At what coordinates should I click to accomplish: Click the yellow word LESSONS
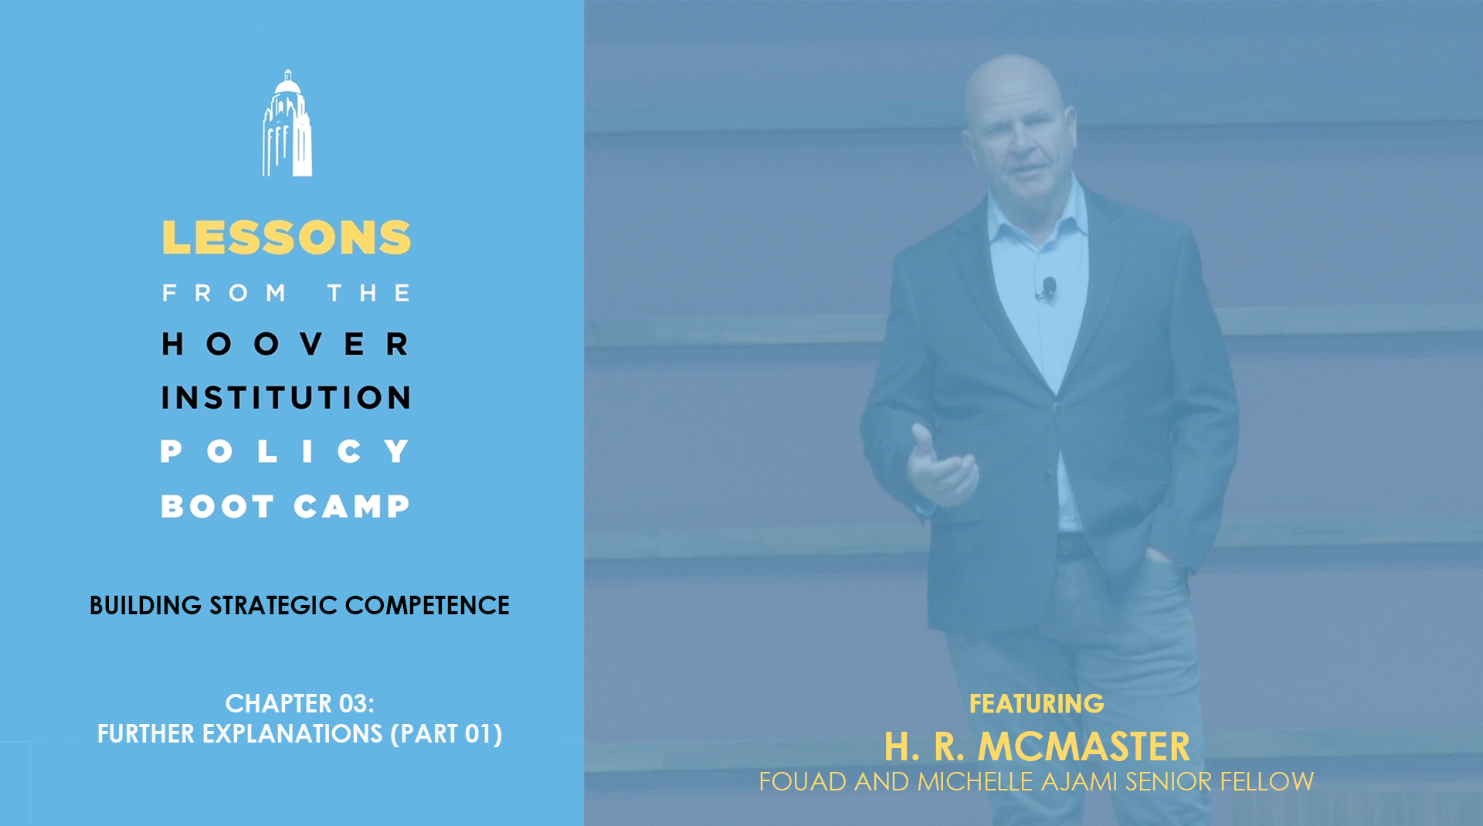pyautogui.click(x=287, y=237)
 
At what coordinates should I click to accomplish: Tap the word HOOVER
pyautogui.click(x=286, y=344)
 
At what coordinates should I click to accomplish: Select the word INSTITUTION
pyautogui.click(x=286, y=398)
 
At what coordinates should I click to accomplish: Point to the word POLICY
pyautogui.click(x=285, y=451)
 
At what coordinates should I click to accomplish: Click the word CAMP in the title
pyautogui.click(x=351, y=506)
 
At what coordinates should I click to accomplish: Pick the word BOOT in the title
pyautogui.click(x=217, y=506)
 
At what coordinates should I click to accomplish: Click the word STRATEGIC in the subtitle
pyautogui.click(x=273, y=605)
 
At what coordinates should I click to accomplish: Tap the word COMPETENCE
pyautogui.click(x=427, y=605)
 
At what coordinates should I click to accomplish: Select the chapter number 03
pyautogui.click(x=353, y=703)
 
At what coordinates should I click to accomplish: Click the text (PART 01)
pyautogui.click(x=446, y=733)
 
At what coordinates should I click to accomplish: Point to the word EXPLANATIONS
pyautogui.click(x=292, y=733)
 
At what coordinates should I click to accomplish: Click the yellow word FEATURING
pyautogui.click(x=1037, y=704)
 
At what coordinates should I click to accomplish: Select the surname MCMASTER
pyautogui.click(x=1084, y=746)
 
